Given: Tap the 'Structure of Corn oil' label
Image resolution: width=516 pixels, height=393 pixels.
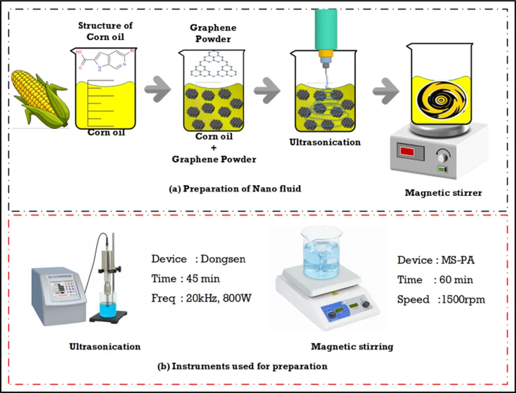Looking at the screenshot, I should tap(105, 31).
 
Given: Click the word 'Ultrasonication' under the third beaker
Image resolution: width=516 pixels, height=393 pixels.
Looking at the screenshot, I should tap(325, 142).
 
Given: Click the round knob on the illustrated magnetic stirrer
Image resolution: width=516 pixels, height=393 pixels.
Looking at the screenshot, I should tap(442, 158).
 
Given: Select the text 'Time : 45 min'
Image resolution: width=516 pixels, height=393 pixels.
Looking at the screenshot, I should tap(185, 279).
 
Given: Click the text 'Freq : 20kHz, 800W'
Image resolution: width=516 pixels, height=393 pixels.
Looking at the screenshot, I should tap(201, 298).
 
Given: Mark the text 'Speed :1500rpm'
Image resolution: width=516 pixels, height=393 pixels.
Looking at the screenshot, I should tap(441, 299).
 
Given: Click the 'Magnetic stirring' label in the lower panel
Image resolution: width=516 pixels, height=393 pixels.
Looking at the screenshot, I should tap(352, 346).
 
